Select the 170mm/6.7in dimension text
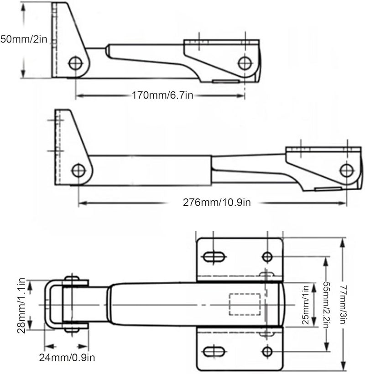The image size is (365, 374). [157, 96]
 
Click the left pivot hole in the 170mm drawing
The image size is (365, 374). [75, 62]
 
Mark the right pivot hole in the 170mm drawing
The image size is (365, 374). [245, 63]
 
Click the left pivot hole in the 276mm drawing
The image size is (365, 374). [78, 171]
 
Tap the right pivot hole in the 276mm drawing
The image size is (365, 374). [347, 170]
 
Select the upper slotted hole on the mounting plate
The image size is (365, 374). [214, 257]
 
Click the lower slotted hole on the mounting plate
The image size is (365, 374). [214, 352]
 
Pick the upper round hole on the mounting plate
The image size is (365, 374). [267, 257]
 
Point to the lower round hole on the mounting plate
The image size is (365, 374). [267, 352]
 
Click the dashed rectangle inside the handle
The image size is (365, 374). [245, 304]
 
